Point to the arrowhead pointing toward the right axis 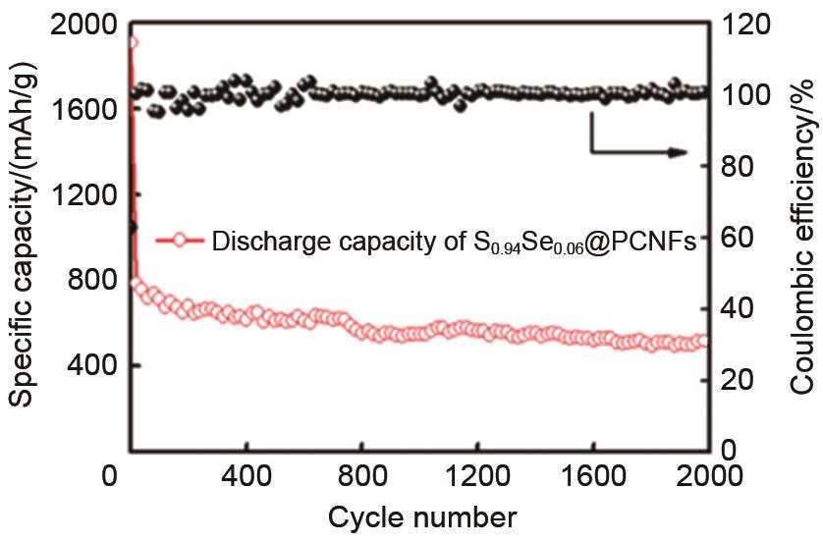(678, 152)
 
